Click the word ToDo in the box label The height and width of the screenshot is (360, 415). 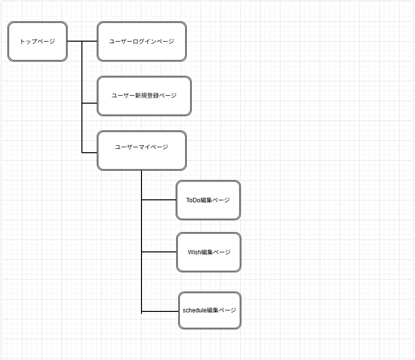193,200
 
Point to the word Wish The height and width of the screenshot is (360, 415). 194,252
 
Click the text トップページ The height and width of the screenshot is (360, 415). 37,42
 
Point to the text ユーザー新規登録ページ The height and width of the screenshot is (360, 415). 144,96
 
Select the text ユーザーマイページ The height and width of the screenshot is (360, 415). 141,147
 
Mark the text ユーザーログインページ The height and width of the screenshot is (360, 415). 141,42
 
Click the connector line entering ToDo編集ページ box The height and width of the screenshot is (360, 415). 159,200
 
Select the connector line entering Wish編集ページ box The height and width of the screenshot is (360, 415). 159,252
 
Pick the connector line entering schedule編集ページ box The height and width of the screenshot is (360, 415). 160,311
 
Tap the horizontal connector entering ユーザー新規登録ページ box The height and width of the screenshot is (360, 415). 89,103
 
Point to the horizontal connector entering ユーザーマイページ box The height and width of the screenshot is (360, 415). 89,153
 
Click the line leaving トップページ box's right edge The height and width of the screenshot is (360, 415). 74,41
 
